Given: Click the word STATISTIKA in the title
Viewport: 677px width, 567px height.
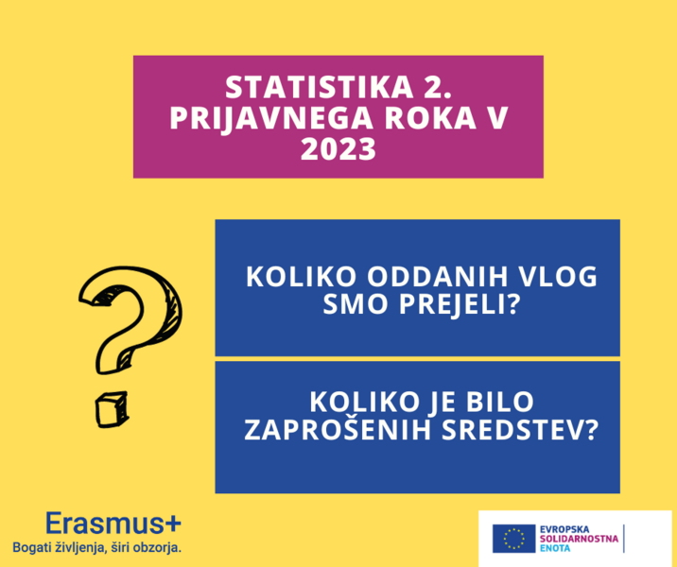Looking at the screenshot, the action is [319, 87].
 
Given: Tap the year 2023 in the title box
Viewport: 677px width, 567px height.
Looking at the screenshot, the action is [338, 149].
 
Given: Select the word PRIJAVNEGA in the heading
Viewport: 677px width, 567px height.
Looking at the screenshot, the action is [271, 118].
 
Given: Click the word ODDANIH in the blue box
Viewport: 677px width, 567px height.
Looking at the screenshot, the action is [438, 276].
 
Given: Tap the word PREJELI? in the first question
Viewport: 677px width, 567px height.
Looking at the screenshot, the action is [460, 303].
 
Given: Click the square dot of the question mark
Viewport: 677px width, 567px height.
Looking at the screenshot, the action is [112, 409].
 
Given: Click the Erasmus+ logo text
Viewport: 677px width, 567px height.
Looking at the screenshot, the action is [113, 524].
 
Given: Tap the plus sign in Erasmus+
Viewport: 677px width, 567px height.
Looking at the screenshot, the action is [173, 524].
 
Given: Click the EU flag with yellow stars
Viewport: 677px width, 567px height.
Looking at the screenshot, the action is [513, 539].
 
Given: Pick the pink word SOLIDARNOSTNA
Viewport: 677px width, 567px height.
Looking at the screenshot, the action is [579, 539].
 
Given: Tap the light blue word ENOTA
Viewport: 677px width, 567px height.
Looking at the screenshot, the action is [555, 548].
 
